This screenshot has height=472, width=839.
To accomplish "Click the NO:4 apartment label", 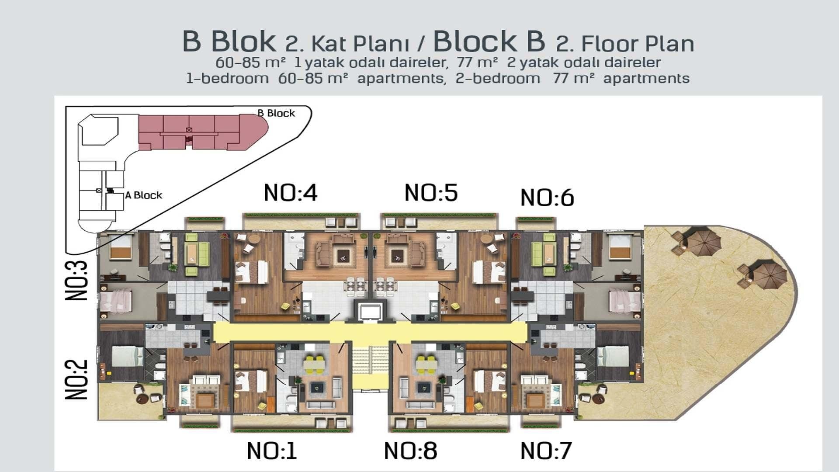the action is click(291, 193).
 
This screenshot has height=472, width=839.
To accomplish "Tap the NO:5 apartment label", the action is click(431, 193).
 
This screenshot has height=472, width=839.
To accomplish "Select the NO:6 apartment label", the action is click(547, 198).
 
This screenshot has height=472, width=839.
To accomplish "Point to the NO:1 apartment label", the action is click(272, 451).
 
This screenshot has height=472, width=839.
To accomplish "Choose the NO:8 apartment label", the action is click(410, 451).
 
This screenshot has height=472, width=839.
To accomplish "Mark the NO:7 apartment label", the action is click(546, 451).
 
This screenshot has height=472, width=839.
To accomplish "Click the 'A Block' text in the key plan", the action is click(143, 195).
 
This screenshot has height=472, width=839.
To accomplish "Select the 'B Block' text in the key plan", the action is click(276, 113).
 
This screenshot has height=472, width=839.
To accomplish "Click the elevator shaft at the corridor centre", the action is click(370, 312).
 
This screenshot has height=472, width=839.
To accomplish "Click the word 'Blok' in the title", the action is click(243, 42).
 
